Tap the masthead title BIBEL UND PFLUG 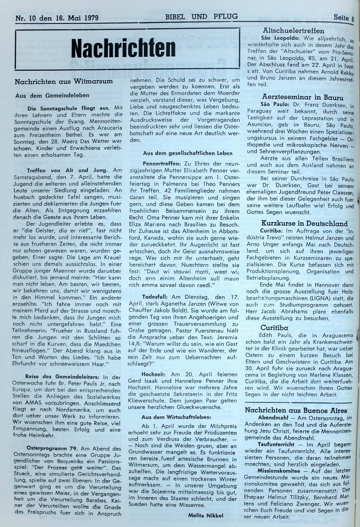coord(201,16)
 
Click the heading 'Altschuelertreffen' coord(295,30)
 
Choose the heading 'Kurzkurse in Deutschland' coord(304,223)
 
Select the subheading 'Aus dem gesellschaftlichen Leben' coord(188,153)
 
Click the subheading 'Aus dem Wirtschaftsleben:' coord(176,417)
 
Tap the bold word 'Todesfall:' coord(155,297)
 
